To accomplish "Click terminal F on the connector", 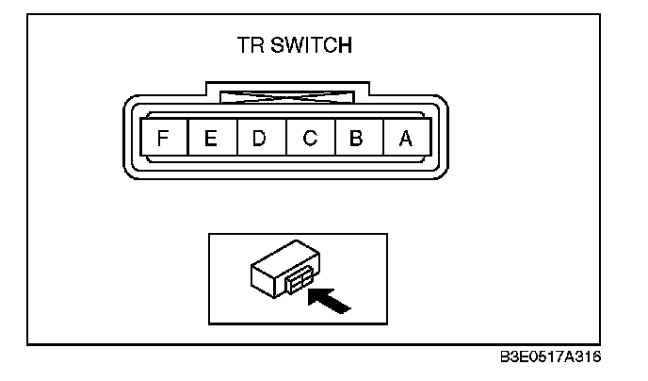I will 163,139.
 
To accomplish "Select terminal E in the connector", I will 211,139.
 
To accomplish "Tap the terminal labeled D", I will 260,139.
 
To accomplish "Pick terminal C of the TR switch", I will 309,139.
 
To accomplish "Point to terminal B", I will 357,139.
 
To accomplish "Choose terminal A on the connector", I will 406,139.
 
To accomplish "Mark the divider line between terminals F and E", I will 186,139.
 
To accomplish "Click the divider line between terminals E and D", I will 235,139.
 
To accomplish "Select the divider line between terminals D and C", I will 284,139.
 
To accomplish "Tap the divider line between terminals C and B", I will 333,139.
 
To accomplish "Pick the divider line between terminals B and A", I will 381,139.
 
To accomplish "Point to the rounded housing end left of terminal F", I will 130,139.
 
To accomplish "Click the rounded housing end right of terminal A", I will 440,139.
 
